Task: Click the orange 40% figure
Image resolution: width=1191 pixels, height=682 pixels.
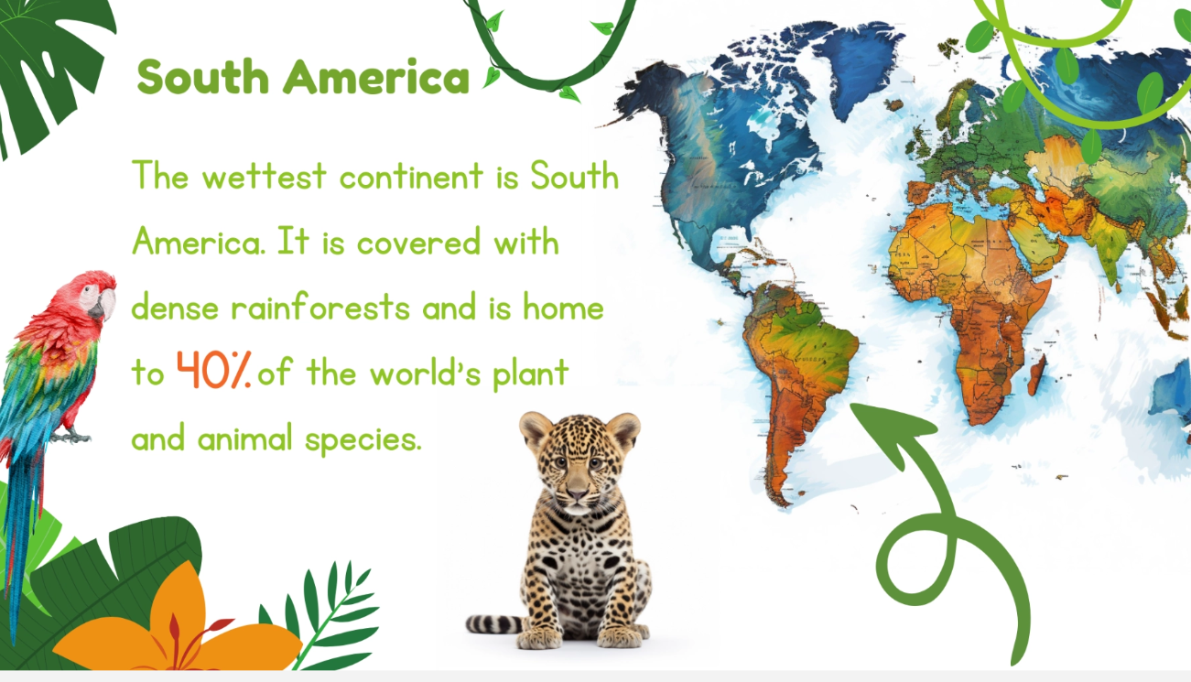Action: click(x=213, y=370)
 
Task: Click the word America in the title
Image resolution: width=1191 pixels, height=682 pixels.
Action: click(x=376, y=78)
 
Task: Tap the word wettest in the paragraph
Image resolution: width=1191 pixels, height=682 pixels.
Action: click(x=265, y=176)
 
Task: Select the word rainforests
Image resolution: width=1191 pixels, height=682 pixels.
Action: click(x=320, y=308)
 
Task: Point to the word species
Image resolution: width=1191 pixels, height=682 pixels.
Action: click(x=363, y=440)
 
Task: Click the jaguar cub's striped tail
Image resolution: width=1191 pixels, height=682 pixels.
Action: click(x=493, y=624)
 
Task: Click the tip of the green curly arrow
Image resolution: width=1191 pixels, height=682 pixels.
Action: click(x=852, y=406)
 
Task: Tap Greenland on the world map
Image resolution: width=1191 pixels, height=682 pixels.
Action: click(x=856, y=64)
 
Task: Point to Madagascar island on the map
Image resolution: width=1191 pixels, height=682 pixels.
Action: click(x=1037, y=374)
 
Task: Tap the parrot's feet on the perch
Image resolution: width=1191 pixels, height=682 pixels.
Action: click(x=71, y=437)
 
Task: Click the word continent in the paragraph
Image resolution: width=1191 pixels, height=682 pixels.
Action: click(x=412, y=176)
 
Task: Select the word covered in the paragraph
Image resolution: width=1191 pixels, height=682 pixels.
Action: click(x=419, y=243)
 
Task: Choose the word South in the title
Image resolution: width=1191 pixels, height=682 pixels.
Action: click(x=202, y=78)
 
